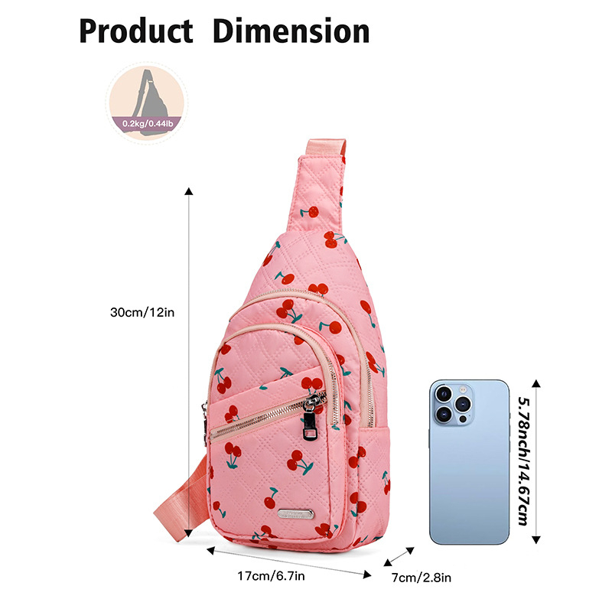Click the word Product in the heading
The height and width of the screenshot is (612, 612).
[x=136, y=31]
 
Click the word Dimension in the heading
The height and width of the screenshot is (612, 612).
[x=291, y=31]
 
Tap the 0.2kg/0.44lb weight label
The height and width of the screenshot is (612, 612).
[x=147, y=124]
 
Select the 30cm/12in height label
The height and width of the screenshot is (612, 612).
[x=142, y=312]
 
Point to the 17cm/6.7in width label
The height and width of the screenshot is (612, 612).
[x=272, y=576]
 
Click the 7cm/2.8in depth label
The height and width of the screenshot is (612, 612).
[x=422, y=578]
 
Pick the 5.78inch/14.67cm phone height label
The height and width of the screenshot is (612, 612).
[x=525, y=461]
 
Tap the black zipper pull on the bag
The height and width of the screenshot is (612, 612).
[x=310, y=425]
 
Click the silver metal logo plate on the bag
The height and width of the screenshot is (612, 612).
[x=295, y=513]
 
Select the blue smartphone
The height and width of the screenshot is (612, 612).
[x=469, y=462]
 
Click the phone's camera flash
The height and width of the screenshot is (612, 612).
[x=463, y=389]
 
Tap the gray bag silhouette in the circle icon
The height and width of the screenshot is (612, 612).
[x=149, y=103]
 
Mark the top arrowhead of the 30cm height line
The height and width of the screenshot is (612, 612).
[x=189, y=190]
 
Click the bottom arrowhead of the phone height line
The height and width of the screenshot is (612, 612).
[x=536, y=540]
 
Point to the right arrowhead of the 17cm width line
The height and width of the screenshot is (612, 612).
[x=367, y=574]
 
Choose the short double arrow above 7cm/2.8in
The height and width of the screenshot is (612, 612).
[x=399, y=556]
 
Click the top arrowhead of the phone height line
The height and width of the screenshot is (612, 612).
[x=536, y=383]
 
